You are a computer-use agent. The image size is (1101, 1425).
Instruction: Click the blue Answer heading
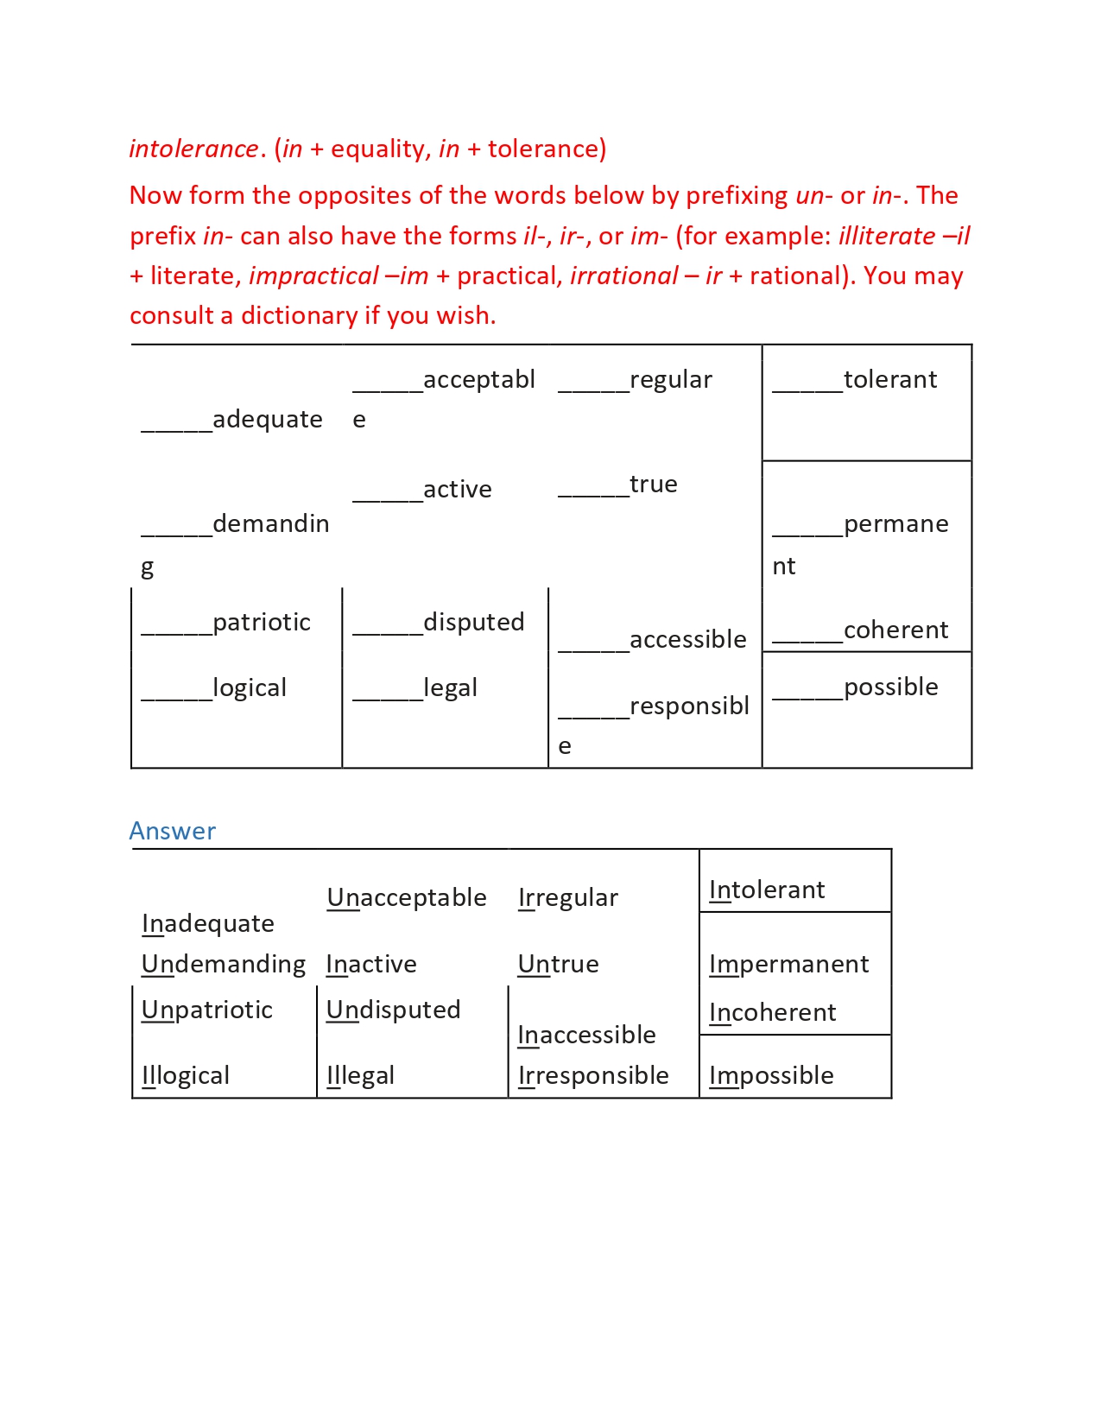tap(172, 831)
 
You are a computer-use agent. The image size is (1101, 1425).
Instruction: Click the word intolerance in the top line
tap(193, 149)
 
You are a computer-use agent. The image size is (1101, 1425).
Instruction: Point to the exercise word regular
tap(670, 380)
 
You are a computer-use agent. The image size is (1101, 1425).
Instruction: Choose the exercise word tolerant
tap(889, 380)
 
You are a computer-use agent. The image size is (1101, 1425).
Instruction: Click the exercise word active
tap(457, 490)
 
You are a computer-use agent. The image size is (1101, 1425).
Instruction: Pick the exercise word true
tap(653, 484)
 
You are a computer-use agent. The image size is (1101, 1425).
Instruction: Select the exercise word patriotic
tap(261, 623)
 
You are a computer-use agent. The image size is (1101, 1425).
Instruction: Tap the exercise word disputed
tap(473, 623)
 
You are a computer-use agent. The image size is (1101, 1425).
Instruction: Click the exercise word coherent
tap(895, 630)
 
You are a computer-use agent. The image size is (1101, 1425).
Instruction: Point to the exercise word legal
tap(450, 688)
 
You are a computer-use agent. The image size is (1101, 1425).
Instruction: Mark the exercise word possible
tap(890, 687)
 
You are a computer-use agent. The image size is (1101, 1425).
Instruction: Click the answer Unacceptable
tap(407, 898)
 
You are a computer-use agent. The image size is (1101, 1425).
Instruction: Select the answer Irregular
tap(568, 898)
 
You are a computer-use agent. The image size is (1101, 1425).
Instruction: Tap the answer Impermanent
tap(789, 965)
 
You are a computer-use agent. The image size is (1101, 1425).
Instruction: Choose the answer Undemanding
tap(224, 965)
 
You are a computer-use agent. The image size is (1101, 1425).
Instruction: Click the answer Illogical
tap(186, 1076)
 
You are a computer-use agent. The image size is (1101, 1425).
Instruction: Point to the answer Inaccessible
tap(587, 1035)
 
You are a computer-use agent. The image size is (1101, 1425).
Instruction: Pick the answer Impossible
tap(771, 1076)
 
